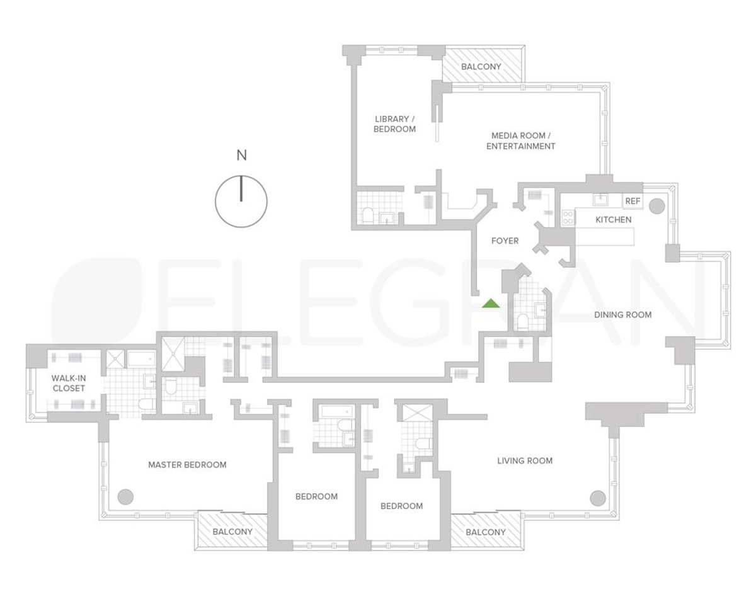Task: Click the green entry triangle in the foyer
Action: pos(491,304)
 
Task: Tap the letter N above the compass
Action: pos(241,156)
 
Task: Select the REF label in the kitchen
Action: pos(632,202)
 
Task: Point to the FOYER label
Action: pos(505,241)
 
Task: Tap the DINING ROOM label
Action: pos(622,314)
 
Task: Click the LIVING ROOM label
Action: pos(524,460)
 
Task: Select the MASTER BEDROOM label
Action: pos(187,465)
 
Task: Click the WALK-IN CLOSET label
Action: pos(69,383)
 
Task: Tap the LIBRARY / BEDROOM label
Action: pos(395,124)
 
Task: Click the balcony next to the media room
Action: pos(482,67)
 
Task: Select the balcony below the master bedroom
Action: pos(232,532)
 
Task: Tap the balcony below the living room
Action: pos(485,532)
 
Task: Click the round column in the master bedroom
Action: pos(126,496)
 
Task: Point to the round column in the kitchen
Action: pos(656,205)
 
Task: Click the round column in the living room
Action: pos(598,497)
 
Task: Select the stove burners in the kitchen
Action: pos(567,217)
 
